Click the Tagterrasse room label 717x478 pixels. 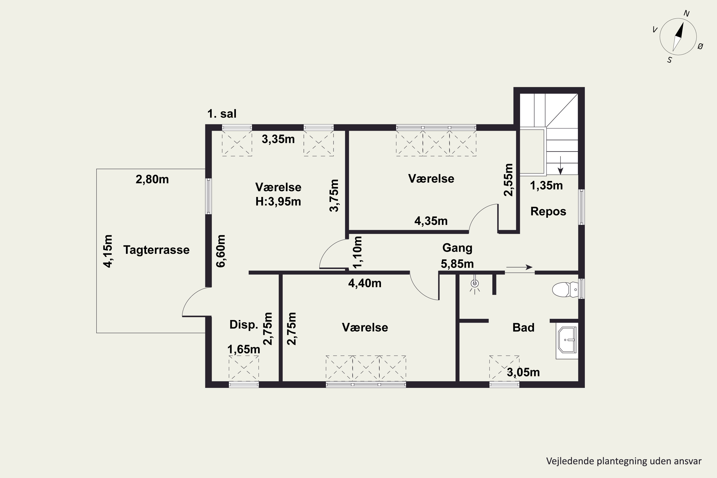coord(156,250)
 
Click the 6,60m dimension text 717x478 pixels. coord(221,251)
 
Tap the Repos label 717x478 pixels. coord(548,212)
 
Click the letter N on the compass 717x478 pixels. coord(686,13)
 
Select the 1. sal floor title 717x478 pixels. coord(222,114)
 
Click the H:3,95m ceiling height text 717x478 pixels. coord(278,201)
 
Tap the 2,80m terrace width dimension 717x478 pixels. coord(152,179)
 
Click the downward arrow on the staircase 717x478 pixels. coord(560,166)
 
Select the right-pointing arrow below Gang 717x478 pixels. coord(519,267)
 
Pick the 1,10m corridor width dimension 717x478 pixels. coord(357,252)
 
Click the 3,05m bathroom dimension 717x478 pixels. coord(523,372)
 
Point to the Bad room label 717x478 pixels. coord(523,328)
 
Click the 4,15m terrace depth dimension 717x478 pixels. coord(108,251)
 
